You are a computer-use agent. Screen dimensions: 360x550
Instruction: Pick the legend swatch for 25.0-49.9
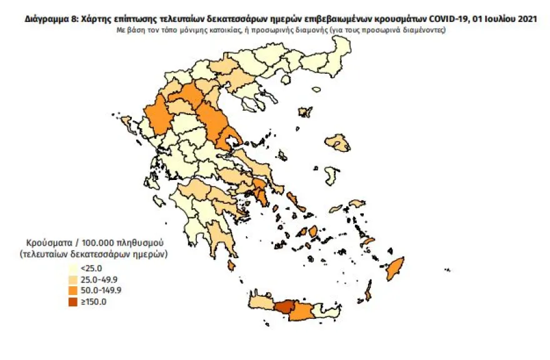(74, 279)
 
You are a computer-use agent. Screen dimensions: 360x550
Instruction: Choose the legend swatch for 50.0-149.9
(74, 290)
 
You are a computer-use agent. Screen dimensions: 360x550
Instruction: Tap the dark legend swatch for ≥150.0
(74, 301)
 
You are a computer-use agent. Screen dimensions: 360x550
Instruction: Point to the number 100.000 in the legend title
(90, 242)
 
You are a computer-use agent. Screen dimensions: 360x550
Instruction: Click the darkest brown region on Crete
(286, 307)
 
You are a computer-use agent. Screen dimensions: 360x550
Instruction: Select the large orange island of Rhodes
(394, 269)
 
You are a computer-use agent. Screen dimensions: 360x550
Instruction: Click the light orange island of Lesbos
(339, 142)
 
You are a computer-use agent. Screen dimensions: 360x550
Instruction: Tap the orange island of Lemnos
(305, 112)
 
